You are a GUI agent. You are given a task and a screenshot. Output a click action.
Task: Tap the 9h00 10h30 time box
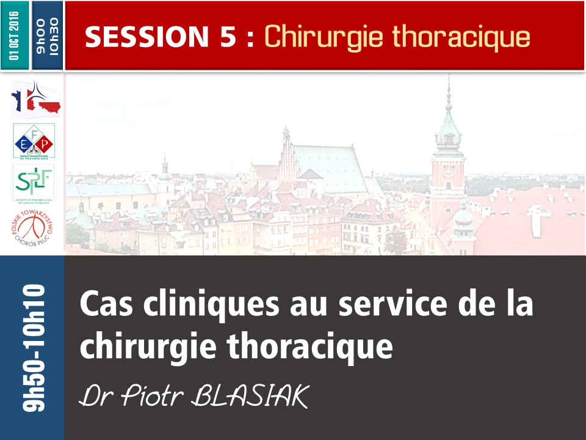48,36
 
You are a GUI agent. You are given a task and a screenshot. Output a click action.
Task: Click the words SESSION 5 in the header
161,37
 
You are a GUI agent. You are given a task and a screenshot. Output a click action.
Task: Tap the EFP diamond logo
34,141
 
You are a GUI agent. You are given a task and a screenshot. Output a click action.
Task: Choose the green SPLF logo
34,182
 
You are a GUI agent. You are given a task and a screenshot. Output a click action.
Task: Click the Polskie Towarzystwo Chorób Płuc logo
34,230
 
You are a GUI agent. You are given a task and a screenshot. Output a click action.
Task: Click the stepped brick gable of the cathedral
288,153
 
